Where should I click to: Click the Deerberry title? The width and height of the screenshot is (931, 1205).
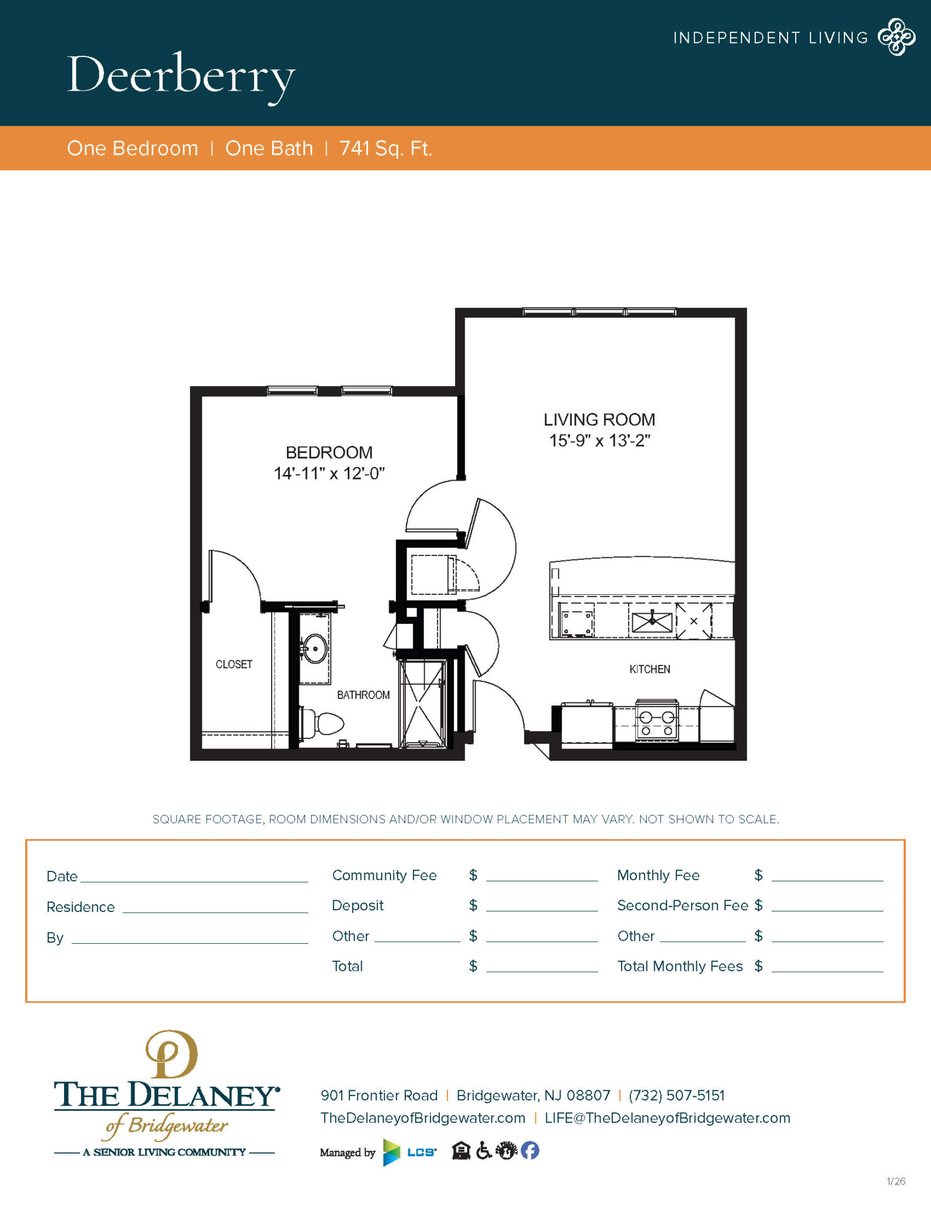[181, 76]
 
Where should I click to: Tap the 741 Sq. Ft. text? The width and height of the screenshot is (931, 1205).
[385, 148]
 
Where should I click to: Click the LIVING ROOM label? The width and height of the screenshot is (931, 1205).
[599, 420]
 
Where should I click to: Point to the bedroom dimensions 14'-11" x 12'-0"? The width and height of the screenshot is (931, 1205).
[329, 474]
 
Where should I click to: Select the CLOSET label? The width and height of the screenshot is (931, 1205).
[233, 664]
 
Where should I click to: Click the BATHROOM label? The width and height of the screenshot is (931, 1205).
[363, 695]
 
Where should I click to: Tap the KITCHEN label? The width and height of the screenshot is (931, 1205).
[649, 669]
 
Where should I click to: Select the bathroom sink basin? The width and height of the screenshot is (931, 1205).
[315, 648]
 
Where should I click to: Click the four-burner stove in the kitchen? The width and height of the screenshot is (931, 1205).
[657, 722]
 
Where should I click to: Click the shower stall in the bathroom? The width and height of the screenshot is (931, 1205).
[422, 704]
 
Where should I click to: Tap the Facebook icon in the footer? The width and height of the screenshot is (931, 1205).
[529, 1150]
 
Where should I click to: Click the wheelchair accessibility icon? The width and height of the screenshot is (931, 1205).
[483, 1150]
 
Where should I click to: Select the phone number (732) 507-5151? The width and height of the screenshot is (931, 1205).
[676, 1095]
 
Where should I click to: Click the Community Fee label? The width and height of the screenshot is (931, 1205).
[384, 876]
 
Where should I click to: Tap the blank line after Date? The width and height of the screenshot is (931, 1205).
[194, 877]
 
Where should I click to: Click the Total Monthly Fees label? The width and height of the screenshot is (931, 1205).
[680, 966]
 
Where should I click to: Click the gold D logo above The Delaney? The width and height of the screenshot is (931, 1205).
[171, 1054]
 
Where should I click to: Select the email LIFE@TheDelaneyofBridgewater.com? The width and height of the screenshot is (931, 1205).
[667, 1118]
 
